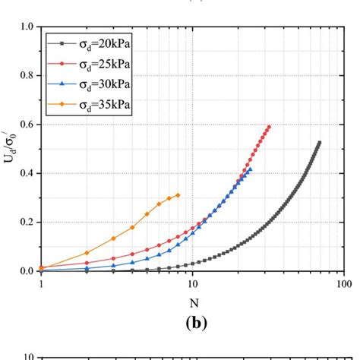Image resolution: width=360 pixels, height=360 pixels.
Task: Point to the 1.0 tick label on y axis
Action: pos(27,27)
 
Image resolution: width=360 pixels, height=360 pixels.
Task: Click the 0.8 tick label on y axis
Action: pos(27,76)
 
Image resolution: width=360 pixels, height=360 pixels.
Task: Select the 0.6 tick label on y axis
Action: pos(27,125)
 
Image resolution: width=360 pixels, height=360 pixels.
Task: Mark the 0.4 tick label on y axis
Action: pos(27,173)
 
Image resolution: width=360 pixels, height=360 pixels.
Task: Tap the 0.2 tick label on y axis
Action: pos(27,223)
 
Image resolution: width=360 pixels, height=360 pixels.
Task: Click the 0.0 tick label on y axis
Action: pos(27,271)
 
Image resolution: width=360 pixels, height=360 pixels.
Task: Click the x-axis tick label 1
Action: pos(41,283)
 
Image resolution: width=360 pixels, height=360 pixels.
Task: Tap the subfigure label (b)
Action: pos(192,322)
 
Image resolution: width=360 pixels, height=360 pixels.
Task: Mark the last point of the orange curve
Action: pos(178,195)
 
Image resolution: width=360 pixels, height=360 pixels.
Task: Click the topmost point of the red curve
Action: pos(269,127)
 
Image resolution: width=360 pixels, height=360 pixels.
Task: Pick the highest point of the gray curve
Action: pos(319,143)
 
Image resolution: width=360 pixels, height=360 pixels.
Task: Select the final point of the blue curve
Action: pos(250,170)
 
